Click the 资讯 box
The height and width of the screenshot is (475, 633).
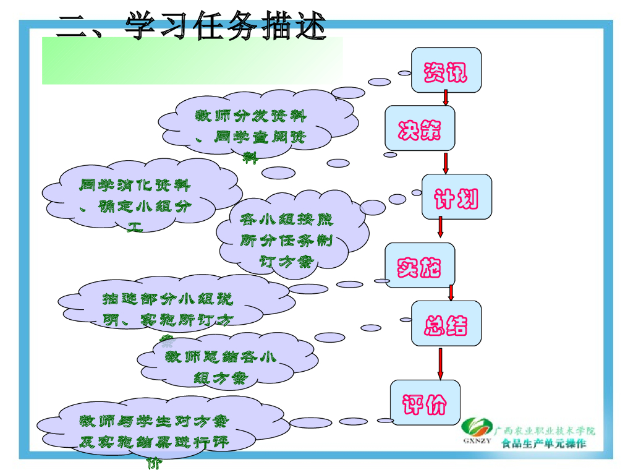coord(446,71)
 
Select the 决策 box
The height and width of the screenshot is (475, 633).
coord(420,128)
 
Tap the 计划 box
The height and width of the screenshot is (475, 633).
coord(457,197)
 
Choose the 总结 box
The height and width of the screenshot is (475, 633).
coord(446,323)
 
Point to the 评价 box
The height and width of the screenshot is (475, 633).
coord(425,402)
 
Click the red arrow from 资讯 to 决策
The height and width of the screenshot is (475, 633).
coord(446,98)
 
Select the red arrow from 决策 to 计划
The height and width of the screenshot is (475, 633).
coord(445,163)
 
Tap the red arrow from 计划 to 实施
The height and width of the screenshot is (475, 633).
coord(441,227)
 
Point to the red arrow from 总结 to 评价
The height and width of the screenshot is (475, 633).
coord(440,364)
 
